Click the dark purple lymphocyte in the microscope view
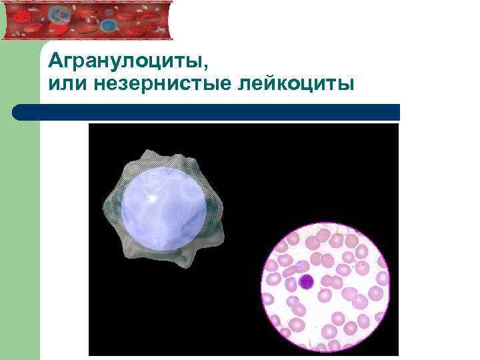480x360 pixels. (305, 281)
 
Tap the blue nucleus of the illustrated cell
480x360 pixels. (164, 206)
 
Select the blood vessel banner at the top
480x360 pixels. (87, 19)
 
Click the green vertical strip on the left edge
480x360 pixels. (20, 233)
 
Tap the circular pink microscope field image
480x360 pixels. (325, 287)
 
